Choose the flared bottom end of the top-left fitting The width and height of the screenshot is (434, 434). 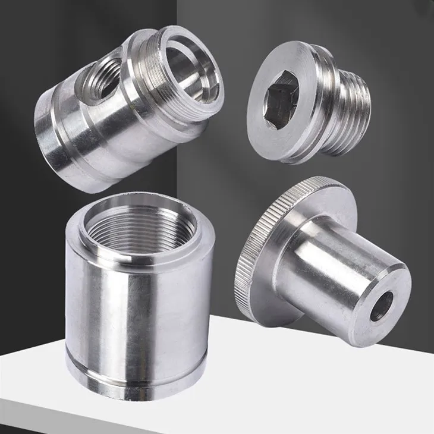[x=54, y=149]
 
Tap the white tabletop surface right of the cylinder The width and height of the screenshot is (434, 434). [x=309, y=380]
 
